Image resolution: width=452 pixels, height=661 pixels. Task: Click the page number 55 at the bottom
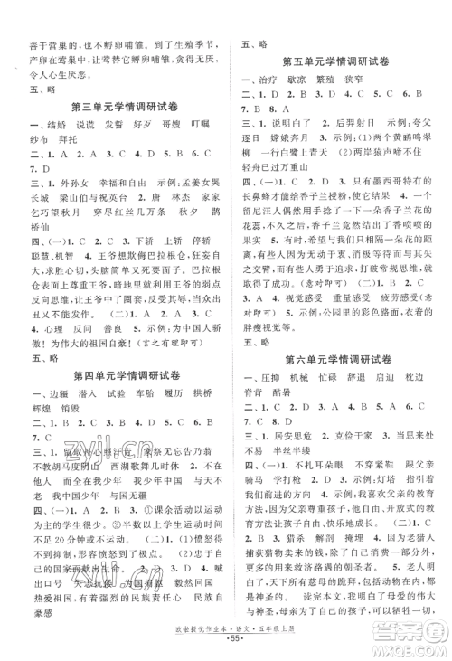(x=226, y=648)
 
